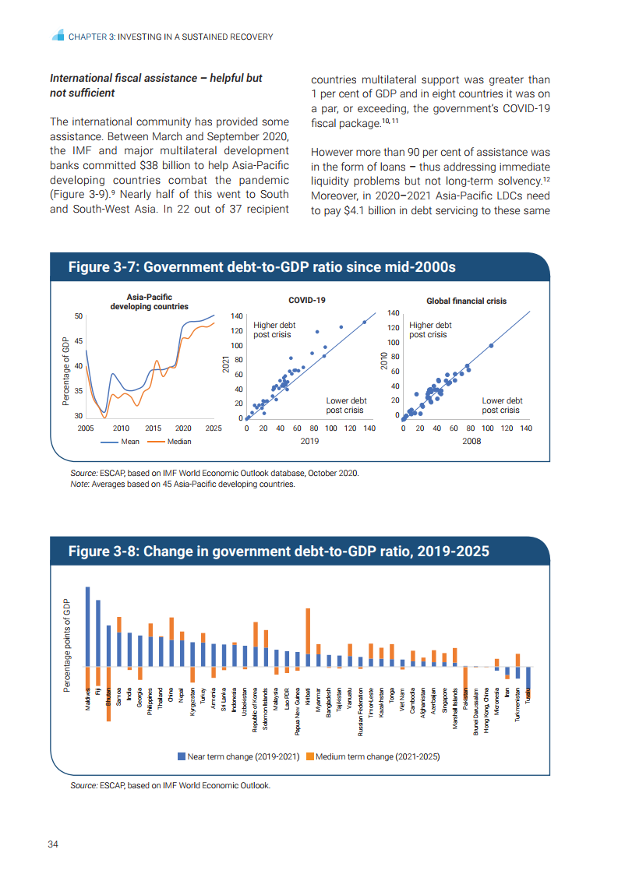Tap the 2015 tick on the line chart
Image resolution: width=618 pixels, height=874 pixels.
153,428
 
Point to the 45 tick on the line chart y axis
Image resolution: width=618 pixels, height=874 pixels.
78,341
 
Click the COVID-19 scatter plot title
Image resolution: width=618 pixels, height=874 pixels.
307,300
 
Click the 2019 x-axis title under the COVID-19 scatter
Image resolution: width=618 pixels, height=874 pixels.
309,441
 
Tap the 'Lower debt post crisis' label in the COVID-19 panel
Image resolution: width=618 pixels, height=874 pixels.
346,405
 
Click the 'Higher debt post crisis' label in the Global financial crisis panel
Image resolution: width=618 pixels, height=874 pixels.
430,330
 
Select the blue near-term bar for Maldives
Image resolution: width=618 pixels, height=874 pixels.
88,626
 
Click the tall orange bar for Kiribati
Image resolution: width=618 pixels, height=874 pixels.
309,631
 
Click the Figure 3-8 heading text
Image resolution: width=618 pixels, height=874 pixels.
279,552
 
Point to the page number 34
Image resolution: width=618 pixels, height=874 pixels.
54,844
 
